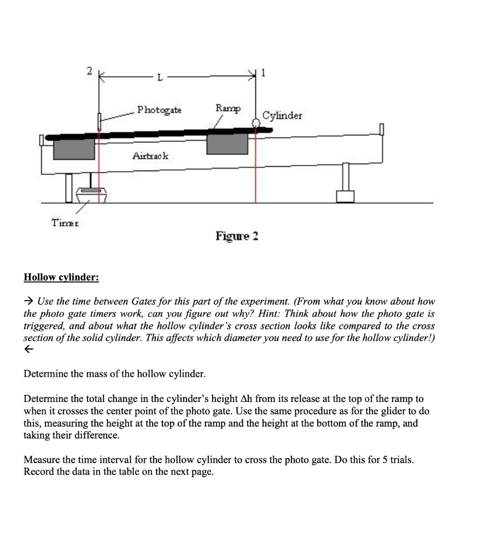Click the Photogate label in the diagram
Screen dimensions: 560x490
160,110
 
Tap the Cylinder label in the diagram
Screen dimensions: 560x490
282,115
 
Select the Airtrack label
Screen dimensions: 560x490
151,156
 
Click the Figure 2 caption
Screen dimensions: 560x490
237,236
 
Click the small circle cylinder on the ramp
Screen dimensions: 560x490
255,124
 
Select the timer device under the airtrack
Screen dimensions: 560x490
93,195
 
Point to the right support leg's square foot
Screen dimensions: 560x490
346,196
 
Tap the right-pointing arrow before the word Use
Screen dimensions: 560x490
29,301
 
